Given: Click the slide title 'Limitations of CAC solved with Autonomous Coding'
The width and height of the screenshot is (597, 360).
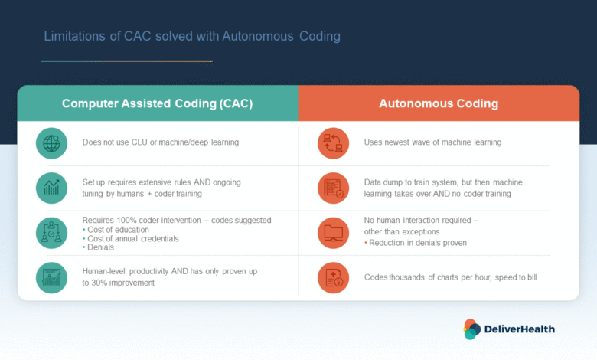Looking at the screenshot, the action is tap(192, 36).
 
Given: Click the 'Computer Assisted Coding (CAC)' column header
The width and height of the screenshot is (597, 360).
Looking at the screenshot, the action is tap(158, 103).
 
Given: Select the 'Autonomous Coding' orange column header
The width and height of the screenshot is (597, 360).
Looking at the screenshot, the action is tap(439, 103).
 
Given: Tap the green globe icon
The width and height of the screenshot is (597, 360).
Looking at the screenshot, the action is tap(51, 143).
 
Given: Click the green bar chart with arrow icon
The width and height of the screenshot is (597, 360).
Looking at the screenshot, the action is tap(51, 188).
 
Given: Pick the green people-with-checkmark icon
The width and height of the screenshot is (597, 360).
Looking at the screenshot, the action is tap(51, 233).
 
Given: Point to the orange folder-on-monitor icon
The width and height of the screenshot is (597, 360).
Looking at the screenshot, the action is tap(333, 233).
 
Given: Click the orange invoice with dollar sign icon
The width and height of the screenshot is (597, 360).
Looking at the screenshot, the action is tap(333, 278).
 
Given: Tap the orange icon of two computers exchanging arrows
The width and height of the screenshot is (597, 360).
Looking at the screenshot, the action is tap(333, 143).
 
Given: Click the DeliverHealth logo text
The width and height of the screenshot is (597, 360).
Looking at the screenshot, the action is tap(520, 329).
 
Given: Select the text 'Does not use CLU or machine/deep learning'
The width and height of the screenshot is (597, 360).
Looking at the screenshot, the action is tap(161, 142).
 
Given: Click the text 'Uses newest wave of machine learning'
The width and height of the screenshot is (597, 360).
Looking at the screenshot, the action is tap(432, 142).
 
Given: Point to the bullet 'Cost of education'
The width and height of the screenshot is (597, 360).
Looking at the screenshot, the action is tap(116, 230).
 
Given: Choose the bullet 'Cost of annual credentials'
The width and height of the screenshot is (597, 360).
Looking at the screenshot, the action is tap(131, 238).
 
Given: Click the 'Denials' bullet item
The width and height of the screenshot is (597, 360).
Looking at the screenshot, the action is tap(98, 247).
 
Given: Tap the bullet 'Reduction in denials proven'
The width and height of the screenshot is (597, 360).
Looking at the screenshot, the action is tap(416, 243).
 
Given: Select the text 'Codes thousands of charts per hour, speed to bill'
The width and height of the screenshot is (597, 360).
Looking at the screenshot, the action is tap(450, 277).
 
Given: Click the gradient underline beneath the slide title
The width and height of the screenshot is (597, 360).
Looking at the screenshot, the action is tap(127, 61).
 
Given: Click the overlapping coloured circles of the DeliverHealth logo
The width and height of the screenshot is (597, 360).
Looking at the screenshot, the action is tap(471, 329).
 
